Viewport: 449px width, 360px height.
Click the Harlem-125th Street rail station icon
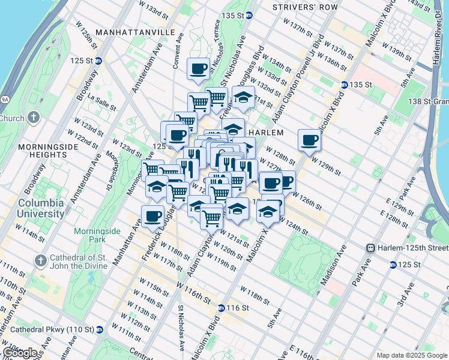coord(371,248)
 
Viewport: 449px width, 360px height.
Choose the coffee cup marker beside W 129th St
coord(310,140)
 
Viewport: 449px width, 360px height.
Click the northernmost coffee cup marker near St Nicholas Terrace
coord(199,68)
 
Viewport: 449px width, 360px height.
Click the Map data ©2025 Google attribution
coord(412,355)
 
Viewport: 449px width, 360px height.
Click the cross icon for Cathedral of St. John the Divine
coord(40,260)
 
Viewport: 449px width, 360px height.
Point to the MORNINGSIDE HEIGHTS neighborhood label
coord(42,151)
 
